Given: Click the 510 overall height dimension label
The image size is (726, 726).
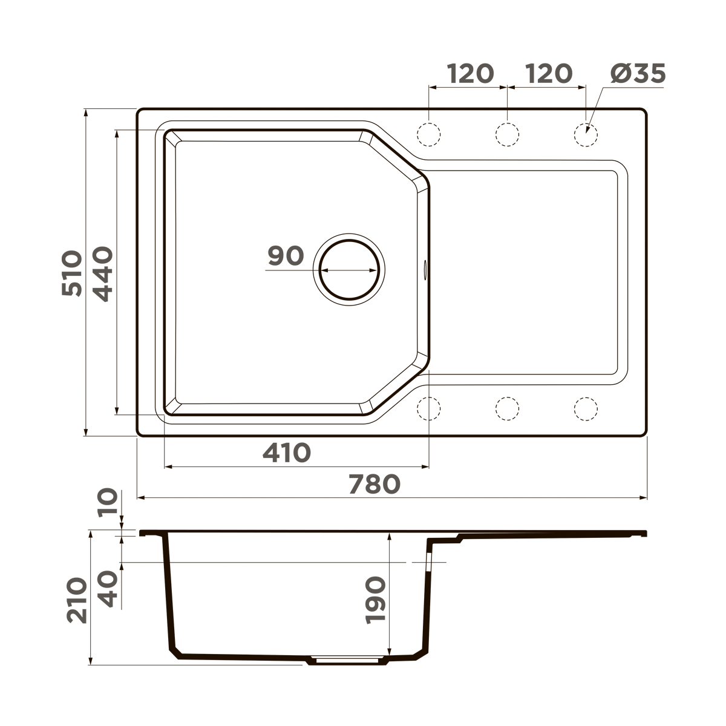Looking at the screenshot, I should pos(72,273).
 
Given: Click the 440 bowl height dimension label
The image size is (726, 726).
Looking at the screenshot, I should pos(104,273).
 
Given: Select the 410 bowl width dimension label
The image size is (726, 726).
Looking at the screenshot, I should pos(286,453).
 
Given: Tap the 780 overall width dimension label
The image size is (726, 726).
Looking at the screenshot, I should pos(374,484).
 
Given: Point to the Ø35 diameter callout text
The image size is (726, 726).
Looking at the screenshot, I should pos(638,74).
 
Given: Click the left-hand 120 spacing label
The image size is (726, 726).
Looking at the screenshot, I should pos(470,74).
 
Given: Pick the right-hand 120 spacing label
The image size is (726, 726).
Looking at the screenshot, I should pos(548,74).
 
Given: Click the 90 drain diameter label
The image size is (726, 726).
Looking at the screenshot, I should pos(286,256).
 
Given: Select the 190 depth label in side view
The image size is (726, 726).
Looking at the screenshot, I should pos(375,600).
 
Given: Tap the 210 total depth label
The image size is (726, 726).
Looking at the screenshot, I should pos(77,600).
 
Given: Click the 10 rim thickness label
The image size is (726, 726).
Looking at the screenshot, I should pos(108,502).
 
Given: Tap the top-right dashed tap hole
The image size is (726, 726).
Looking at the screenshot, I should pos(586,134).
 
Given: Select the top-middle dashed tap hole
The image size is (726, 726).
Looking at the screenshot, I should pos(507,134).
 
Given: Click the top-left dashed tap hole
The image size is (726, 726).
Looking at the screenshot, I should pos(429,134).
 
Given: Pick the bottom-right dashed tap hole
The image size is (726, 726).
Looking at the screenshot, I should pos(586,409).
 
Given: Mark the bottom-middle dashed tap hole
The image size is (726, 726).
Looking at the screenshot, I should pos(507,409).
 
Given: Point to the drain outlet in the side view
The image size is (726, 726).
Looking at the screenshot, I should pos(348,660).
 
